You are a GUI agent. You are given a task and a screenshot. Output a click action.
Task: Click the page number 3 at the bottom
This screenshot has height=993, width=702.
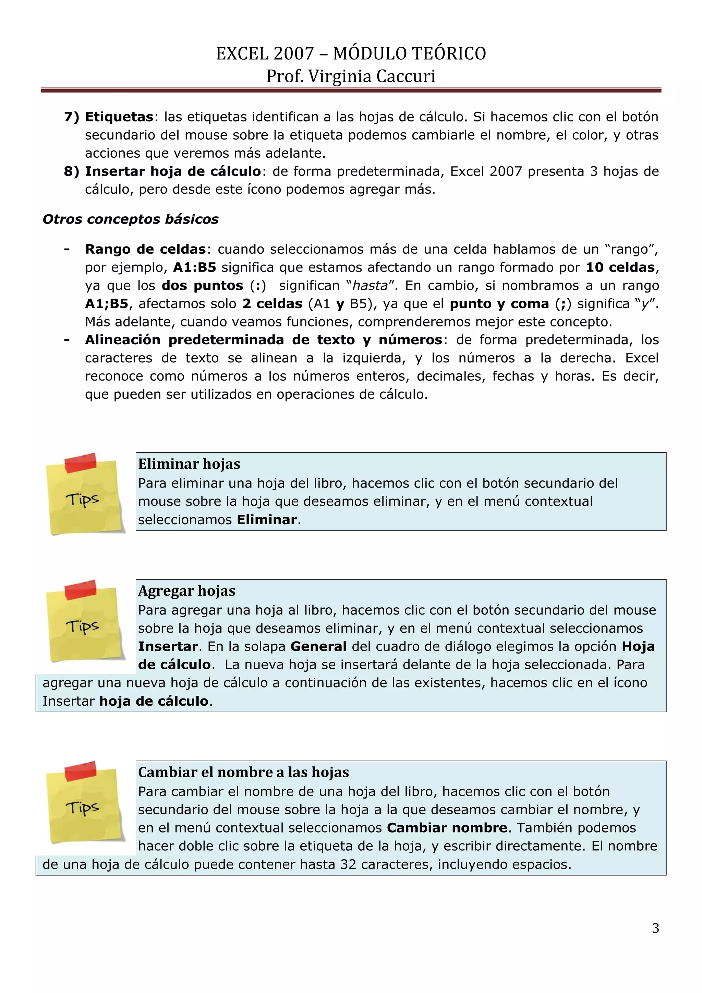655,928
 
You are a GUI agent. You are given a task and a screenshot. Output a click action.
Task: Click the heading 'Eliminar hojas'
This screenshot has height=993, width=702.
189,464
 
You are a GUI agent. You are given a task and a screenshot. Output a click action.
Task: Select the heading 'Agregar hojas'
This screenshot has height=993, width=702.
187,590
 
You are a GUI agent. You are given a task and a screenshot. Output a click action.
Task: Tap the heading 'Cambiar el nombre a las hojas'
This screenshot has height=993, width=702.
243,771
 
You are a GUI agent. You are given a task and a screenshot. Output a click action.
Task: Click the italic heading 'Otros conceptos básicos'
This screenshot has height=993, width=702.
131,219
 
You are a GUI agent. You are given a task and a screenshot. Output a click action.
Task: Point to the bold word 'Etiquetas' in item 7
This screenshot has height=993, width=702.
119,117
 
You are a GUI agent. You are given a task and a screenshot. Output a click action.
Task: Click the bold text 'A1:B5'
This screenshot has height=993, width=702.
194,267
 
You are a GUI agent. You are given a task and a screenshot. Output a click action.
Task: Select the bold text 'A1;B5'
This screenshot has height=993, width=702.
107,303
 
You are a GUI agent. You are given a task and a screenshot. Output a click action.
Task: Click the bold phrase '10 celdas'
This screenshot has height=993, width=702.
620,267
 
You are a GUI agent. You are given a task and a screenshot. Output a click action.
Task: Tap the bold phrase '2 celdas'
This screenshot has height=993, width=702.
272,303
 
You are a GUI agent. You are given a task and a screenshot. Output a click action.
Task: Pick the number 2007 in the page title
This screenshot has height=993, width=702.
293,53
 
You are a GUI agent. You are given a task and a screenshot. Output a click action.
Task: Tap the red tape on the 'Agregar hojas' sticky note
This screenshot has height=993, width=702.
81,589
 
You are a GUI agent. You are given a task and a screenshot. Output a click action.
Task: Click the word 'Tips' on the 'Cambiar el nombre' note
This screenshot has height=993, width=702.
82,807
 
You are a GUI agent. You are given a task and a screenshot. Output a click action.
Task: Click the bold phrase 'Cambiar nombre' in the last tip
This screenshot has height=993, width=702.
447,827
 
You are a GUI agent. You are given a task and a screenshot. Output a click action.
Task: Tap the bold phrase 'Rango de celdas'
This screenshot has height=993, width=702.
145,249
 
